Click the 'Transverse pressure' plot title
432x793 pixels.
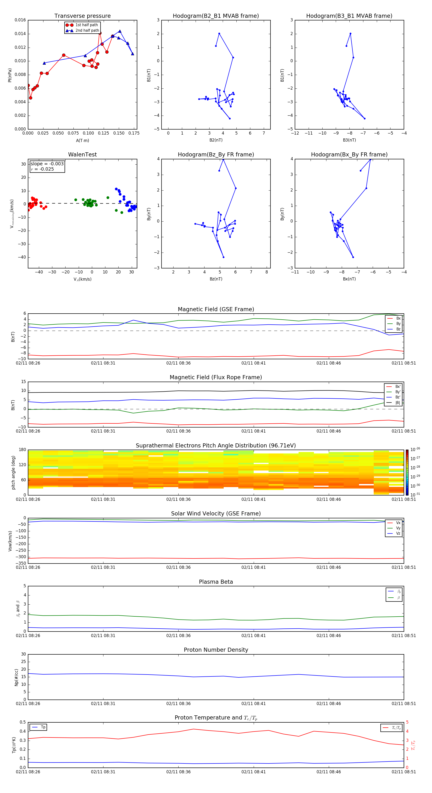pyautogui.click(x=82, y=16)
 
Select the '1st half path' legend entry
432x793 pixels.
pyautogui.click(x=86, y=25)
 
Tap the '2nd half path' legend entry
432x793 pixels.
pyautogui.click(x=87, y=31)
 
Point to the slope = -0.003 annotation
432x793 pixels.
pyautogui.click(x=47, y=164)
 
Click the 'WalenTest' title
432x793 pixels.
pyautogui.click(x=82, y=155)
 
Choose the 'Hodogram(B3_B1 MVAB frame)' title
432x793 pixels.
pyautogui.click(x=349, y=16)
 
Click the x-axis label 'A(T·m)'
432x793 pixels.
pyautogui.click(x=82, y=141)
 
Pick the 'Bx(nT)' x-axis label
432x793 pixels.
pyautogui.click(x=349, y=279)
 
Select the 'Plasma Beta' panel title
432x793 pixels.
pyautogui.click(x=216, y=582)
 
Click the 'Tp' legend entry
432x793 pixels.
pyautogui.click(x=43, y=727)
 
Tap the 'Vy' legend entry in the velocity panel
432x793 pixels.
pyautogui.click(x=398, y=528)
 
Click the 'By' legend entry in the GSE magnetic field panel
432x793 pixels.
pyautogui.click(x=398, y=323)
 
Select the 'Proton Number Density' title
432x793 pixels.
pyautogui.click(x=216, y=650)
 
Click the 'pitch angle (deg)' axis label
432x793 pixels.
pyautogui.click(x=13, y=472)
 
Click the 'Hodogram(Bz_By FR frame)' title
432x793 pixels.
pyautogui.click(x=216, y=155)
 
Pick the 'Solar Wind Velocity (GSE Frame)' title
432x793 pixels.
pyautogui.click(x=216, y=514)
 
